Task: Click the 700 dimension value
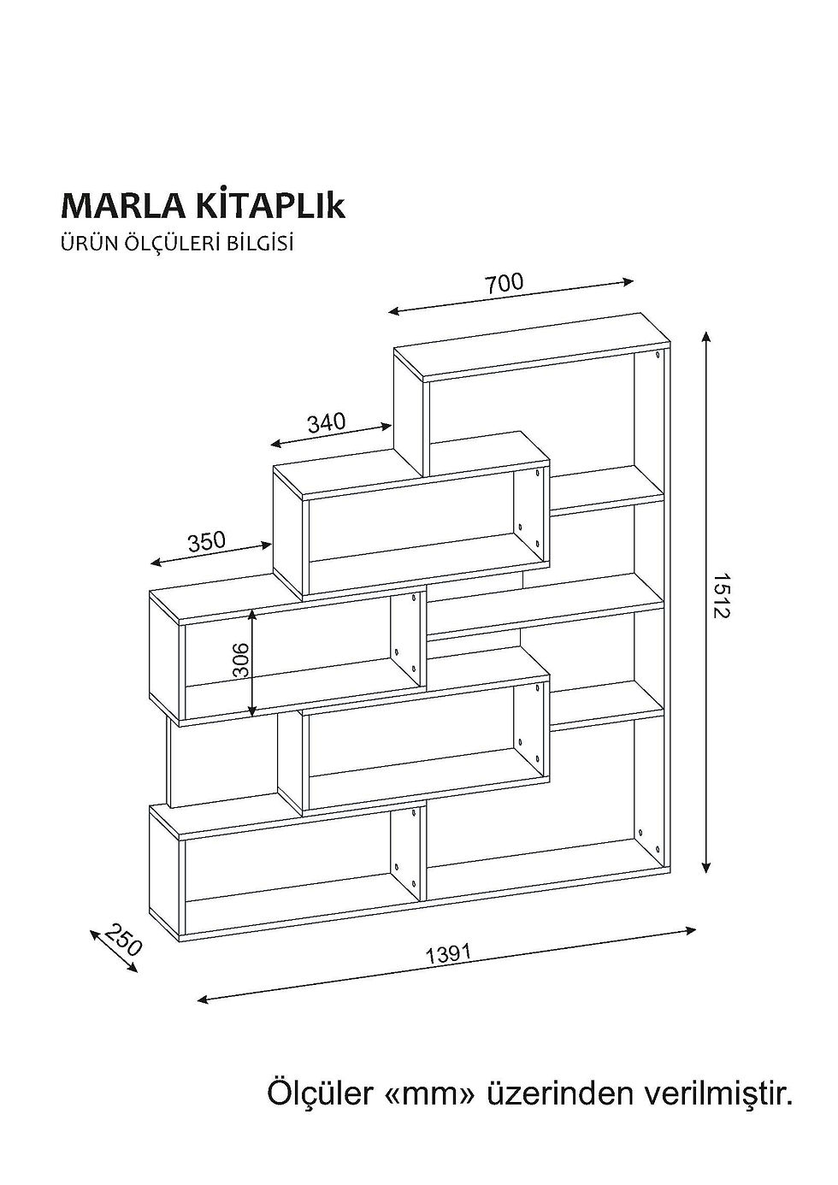pos(505,284)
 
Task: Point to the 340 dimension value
pos(327,423)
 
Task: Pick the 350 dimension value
pos(206,541)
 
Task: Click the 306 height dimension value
pos(241,660)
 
